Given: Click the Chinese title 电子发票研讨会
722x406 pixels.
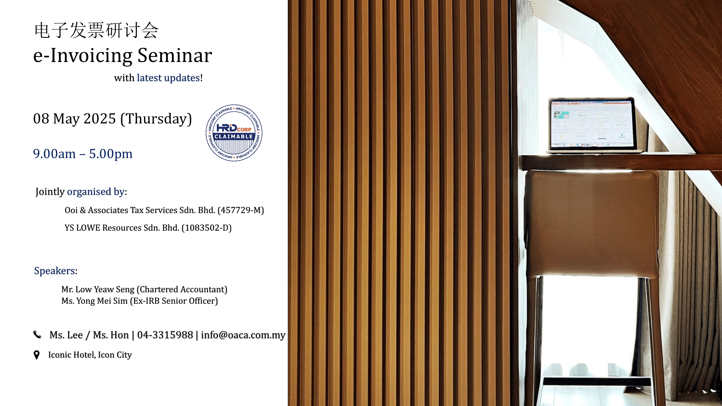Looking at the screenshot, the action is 96,30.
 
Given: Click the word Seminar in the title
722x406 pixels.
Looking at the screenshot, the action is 175,55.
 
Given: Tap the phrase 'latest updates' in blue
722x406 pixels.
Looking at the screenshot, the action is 168,78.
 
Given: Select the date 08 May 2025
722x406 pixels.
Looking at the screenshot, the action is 74,119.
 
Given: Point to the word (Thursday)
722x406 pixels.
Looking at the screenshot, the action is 156,119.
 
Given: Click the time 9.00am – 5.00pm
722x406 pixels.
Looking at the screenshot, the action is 83,154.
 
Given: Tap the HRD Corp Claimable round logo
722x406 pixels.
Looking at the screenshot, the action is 234,133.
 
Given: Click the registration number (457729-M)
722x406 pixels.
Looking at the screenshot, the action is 241,210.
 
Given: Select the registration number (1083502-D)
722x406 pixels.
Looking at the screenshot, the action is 207,228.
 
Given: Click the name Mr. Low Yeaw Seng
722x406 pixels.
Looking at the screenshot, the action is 98,289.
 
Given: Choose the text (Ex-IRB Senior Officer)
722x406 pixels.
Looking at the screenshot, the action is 174,301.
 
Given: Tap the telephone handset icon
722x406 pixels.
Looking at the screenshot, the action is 37,335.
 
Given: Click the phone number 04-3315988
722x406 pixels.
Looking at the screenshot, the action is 165,335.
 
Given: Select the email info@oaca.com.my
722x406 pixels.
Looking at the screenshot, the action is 243,335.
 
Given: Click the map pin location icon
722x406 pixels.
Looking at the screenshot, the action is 37,355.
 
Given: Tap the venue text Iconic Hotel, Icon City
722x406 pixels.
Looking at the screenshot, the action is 90,355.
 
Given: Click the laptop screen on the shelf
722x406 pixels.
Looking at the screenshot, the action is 592,124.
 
